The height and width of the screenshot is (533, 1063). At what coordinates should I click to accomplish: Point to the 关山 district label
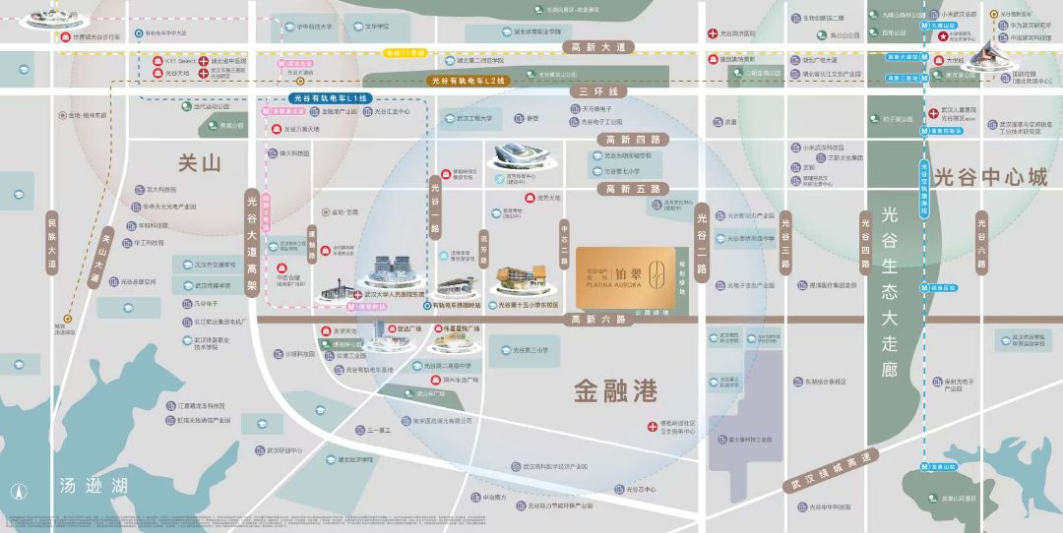pos(200,164)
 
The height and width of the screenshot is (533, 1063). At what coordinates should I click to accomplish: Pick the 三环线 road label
pos(592,90)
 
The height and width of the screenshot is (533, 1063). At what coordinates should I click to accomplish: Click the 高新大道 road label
pos(598,46)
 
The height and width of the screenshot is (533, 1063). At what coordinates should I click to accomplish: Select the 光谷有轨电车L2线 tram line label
pos(467,82)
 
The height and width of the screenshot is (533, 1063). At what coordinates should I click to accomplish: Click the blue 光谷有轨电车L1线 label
pos(330,98)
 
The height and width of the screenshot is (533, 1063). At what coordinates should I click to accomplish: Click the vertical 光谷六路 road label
pos(980,242)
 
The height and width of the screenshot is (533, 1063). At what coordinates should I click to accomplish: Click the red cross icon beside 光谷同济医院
pos(712,33)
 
